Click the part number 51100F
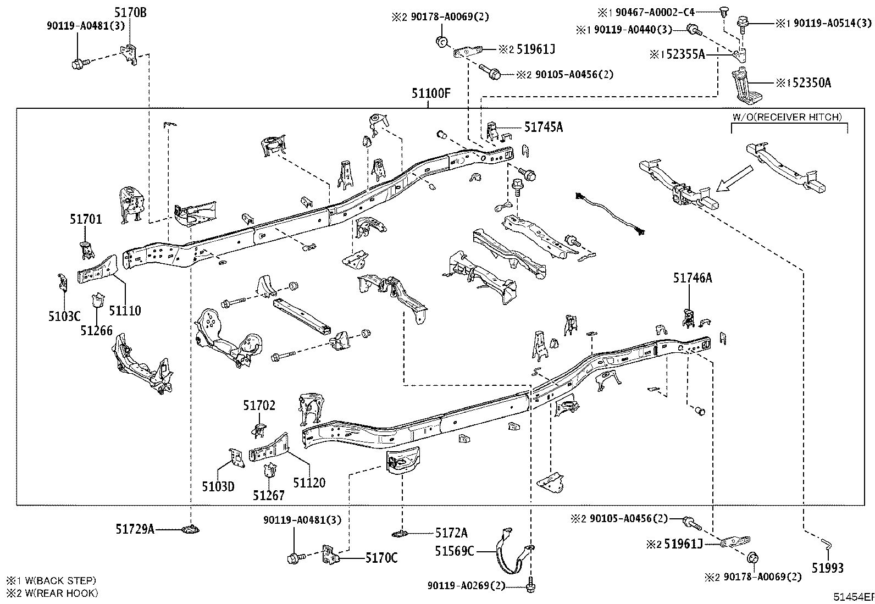(431, 93)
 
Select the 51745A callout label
(543, 128)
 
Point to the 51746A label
(692, 278)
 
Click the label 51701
(86, 219)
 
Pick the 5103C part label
(64, 316)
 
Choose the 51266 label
(96, 330)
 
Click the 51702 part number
(259, 406)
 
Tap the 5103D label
(218, 486)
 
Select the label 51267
(269, 495)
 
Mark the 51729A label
(134, 529)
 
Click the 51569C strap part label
(454, 551)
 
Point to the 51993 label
(828, 568)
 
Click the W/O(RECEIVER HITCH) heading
(787, 117)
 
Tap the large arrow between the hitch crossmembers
(736, 179)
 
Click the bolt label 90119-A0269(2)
(466, 586)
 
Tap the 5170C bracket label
(381, 558)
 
